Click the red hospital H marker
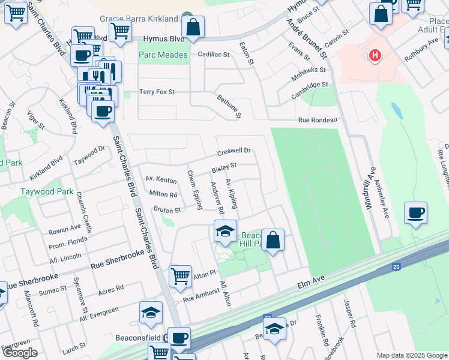tap(375, 56)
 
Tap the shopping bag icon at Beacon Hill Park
tap(273, 241)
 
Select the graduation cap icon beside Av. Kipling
tap(224, 232)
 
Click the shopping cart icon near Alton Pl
tap(180, 277)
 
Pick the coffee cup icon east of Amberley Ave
tap(415, 213)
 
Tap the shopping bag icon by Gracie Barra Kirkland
tap(193, 27)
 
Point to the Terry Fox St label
tap(157, 92)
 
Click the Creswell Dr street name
tap(234, 151)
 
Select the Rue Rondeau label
tap(318, 120)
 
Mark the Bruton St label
tap(167, 211)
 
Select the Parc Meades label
tap(163, 55)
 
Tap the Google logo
tap(20, 353)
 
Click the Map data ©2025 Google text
tap(411, 355)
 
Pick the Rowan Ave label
tap(65, 229)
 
